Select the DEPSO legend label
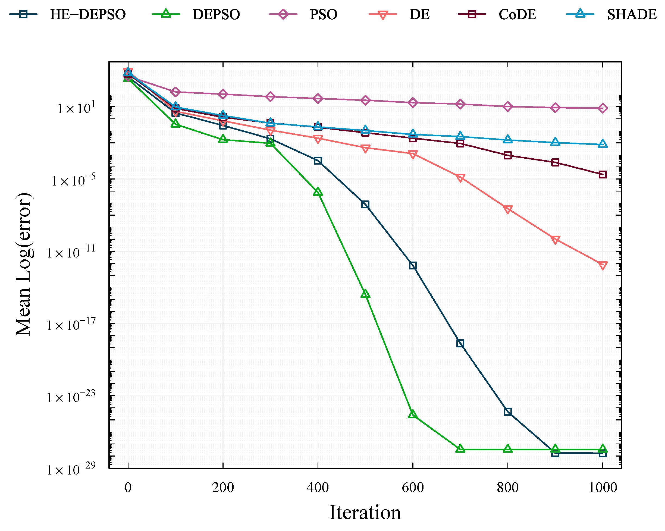tap(216, 14)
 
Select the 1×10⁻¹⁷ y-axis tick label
tap(71, 324)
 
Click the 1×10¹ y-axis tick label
tap(76, 108)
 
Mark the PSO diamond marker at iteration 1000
tap(603, 108)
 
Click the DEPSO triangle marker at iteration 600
tap(413, 414)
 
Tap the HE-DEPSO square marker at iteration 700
tap(460, 343)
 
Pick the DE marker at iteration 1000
tap(603, 265)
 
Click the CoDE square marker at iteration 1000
tap(603, 175)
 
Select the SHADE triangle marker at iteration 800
tap(508, 139)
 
